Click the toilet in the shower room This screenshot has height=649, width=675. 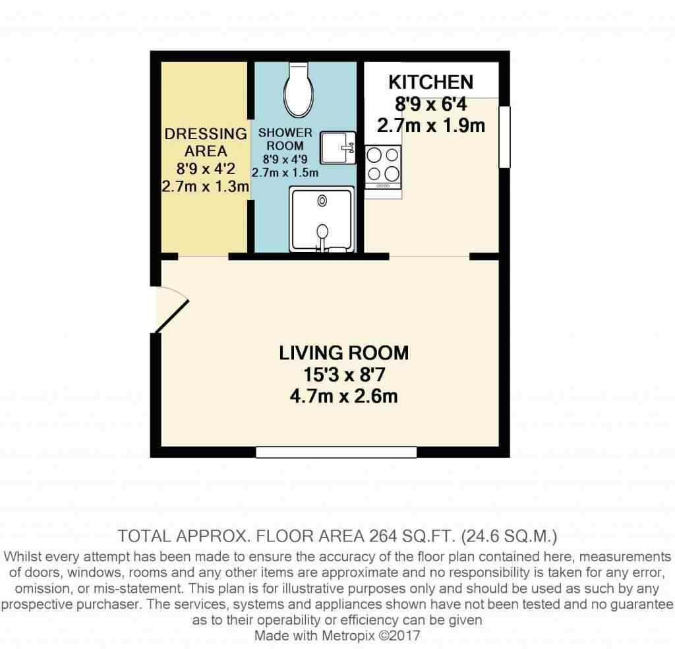(x=299, y=90)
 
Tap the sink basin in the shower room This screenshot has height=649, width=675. (x=338, y=148)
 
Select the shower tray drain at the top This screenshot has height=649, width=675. (x=322, y=201)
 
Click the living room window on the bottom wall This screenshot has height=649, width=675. (x=336, y=452)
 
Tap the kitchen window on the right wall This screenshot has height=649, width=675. (x=504, y=137)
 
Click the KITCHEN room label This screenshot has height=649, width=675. (x=431, y=82)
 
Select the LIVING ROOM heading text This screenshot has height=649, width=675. (x=343, y=353)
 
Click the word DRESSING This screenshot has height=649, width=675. (x=206, y=134)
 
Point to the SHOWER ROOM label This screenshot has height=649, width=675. (x=285, y=139)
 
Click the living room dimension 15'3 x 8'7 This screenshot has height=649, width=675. (x=344, y=375)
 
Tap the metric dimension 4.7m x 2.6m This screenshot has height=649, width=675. (x=343, y=396)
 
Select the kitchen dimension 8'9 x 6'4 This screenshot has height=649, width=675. (x=431, y=104)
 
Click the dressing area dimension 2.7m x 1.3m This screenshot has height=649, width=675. (x=206, y=187)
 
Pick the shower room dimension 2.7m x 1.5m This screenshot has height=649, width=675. (x=285, y=173)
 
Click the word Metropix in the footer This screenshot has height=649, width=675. (x=349, y=636)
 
